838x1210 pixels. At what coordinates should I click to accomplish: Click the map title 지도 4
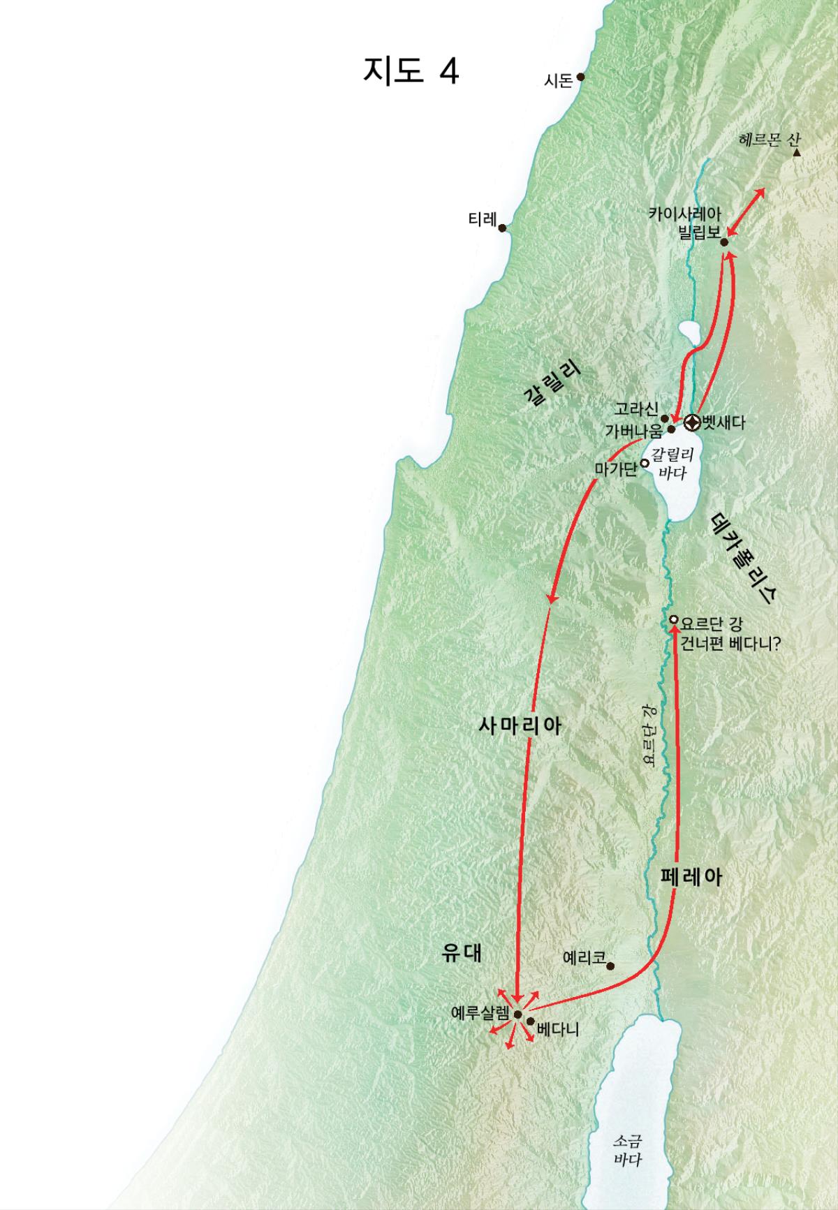[411, 71]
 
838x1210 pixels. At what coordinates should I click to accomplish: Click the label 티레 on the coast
[482, 220]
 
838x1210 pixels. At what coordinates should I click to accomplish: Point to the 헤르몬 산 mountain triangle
[796, 152]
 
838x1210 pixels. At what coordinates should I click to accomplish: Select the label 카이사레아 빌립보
[684, 222]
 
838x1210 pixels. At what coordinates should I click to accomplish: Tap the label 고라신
[636, 408]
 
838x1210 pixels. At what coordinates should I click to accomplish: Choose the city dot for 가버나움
[672, 429]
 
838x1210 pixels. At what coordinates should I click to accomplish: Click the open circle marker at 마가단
[645, 463]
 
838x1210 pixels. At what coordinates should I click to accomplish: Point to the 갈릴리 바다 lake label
[672, 464]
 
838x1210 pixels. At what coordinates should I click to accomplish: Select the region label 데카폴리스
[746, 558]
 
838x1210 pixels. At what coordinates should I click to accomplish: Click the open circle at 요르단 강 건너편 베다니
[673, 619]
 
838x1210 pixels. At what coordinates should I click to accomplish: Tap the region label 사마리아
[520, 725]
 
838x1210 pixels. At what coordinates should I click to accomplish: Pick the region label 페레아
[691, 877]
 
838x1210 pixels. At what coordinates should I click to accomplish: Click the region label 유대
[462, 954]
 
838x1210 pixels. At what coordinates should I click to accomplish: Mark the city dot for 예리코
[610, 966]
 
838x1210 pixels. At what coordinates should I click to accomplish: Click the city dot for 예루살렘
[517, 1015]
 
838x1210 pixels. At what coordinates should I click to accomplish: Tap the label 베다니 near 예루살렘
[558, 1029]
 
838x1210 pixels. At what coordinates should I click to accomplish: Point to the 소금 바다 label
[626, 1150]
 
